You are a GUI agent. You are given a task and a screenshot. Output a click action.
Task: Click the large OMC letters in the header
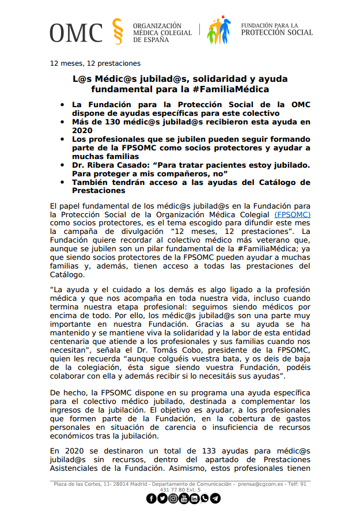point(75,33)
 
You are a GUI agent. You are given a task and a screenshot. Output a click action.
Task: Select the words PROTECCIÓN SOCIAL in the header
point(276,33)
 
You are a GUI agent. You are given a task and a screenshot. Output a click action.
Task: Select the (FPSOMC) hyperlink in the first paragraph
point(292,214)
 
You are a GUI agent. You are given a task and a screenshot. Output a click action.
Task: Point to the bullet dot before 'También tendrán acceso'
point(62,182)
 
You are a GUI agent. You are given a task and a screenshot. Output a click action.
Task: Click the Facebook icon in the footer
point(151,498)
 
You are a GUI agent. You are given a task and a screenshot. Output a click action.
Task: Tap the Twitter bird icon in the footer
point(162,498)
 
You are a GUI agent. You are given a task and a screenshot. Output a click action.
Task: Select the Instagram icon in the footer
point(173,498)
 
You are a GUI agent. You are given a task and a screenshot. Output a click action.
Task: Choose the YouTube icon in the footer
point(184,498)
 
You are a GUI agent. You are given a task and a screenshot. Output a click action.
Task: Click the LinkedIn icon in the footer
point(194,498)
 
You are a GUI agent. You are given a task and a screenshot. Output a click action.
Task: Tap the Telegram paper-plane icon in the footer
point(215,498)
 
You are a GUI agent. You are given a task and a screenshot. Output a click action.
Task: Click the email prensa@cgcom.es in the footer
point(263,484)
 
